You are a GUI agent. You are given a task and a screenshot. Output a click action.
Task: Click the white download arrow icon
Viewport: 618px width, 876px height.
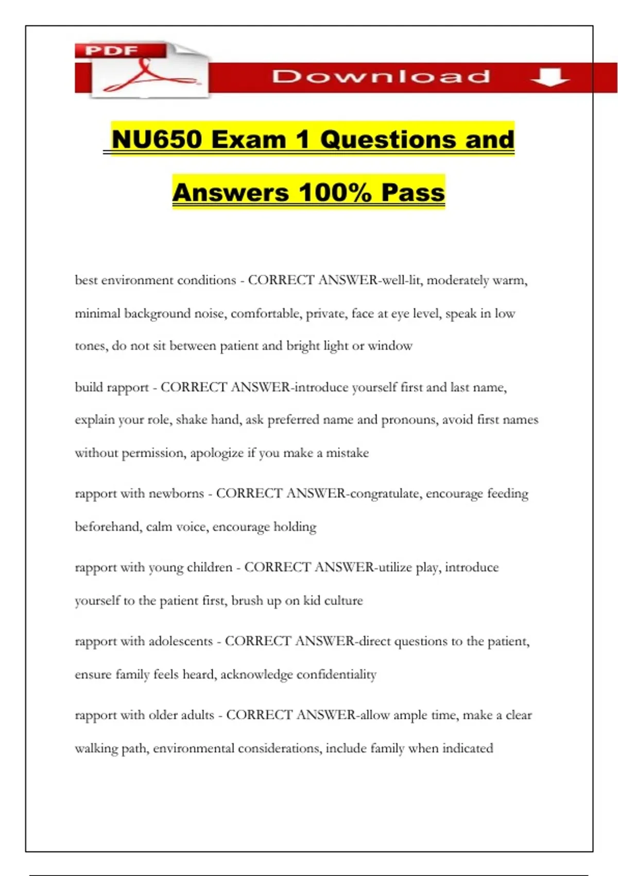[550, 77]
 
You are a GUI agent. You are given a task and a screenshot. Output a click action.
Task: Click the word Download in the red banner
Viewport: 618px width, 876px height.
[381, 77]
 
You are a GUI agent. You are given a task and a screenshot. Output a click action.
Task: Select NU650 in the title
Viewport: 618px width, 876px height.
[156, 140]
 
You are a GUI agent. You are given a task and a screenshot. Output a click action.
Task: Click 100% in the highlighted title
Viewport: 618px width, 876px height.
[335, 193]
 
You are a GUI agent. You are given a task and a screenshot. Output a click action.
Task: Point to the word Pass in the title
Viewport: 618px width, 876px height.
[413, 193]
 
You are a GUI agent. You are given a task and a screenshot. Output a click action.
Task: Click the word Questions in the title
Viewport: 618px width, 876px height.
[387, 140]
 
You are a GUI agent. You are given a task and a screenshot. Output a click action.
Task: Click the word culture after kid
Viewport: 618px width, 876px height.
[344, 601]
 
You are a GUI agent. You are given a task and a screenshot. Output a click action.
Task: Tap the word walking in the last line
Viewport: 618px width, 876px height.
[96, 748]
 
